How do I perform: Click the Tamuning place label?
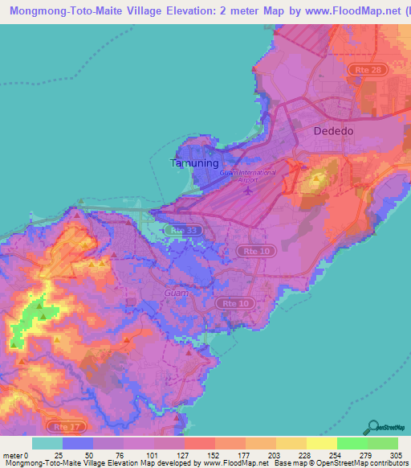coord(195,163)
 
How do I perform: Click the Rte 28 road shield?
coord(370,71)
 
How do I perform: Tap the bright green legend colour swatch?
coord(352,444)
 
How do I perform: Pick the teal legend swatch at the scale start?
coord(47,444)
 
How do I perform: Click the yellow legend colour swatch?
coord(321,444)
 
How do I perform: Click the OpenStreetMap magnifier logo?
coord(372,427)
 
